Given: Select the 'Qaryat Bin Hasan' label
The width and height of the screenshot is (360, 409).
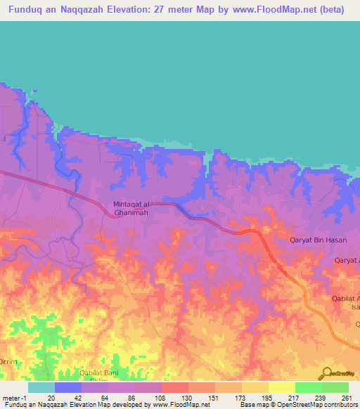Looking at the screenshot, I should [x=319, y=240].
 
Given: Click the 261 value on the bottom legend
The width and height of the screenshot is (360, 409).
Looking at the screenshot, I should [x=347, y=397].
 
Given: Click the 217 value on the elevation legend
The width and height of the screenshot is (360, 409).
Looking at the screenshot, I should [x=292, y=397].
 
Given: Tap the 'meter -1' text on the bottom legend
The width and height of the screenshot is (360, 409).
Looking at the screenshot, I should [x=14, y=397].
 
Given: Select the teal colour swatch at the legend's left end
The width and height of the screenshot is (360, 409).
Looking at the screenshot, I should [x=41, y=387].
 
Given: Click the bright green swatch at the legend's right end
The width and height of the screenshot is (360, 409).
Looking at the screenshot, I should [x=335, y=387].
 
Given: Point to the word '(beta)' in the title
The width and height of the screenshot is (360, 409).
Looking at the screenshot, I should [x=330, y=10].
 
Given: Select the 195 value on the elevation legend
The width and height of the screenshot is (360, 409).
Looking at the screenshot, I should [x=266, y=397].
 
